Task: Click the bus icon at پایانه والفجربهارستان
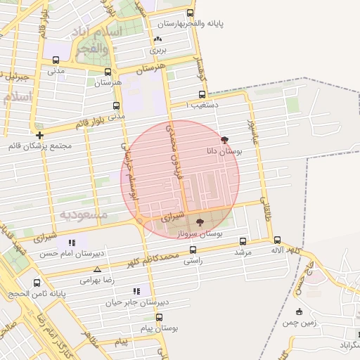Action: pyautogui.click(x=190, y=13)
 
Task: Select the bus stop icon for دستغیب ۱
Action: pyautogui.click(x=202, y=94)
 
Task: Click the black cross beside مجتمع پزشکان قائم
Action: pyautogui.click(x=39, y=135)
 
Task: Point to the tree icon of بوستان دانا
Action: pyautogui.click(x=224, y=140)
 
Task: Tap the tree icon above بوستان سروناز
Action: pyautogui.click(x=200, y=222)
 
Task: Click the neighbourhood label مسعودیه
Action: pyautogui.click(x=83, y=213)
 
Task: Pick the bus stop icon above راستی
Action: pyautogui.click(x=192, y=250)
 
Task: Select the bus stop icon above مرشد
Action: pyautogui.click(x=243, y=240)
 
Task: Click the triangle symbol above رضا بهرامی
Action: pyautogui.click(x=97, y=269)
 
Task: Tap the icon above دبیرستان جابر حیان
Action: pyautogui.click(x=136, y=291)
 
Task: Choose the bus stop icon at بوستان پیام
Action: pyautogui.click(x=160, y=317)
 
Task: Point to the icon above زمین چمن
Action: pyautogui.click(x=300, y=311)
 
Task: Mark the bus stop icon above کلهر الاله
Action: pyautogui.click(x=277, y=240)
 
